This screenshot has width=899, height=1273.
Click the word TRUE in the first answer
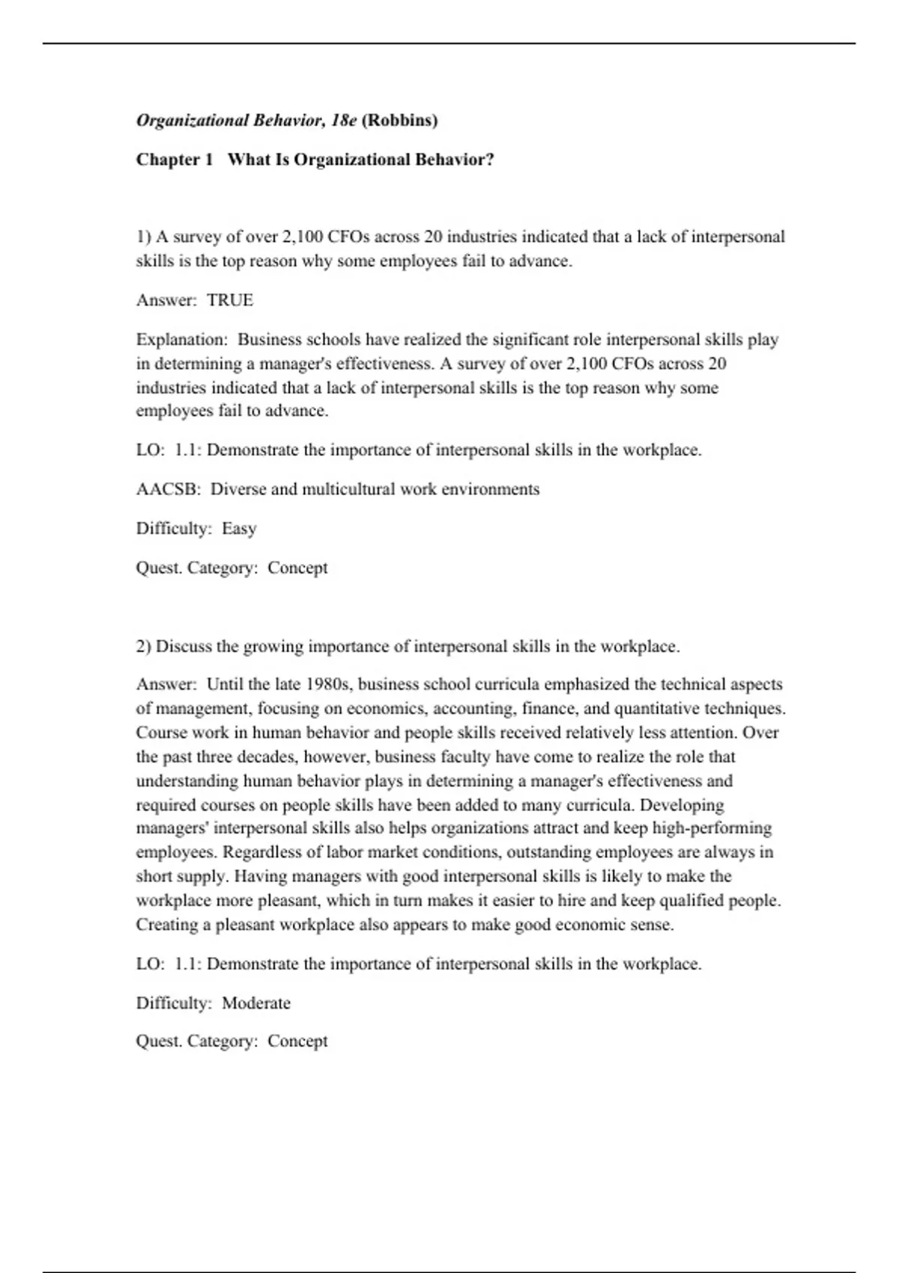click(x=230, y=300)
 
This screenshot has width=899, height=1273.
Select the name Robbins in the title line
click(x=399, y=120)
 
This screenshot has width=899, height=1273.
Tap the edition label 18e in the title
click(x=344, y=120)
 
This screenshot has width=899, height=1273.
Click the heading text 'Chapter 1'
click(x=175, y=159)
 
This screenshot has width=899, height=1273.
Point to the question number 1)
click(x=144, y=237)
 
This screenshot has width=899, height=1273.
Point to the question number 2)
click(x=144, y=646)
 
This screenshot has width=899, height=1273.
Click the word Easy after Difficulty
click(x=239, y=529)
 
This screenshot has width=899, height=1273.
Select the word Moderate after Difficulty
click(x=256, y=1003)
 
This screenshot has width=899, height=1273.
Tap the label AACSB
click(x=167, y=489)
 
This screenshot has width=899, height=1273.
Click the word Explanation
click(x=180, y=339)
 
